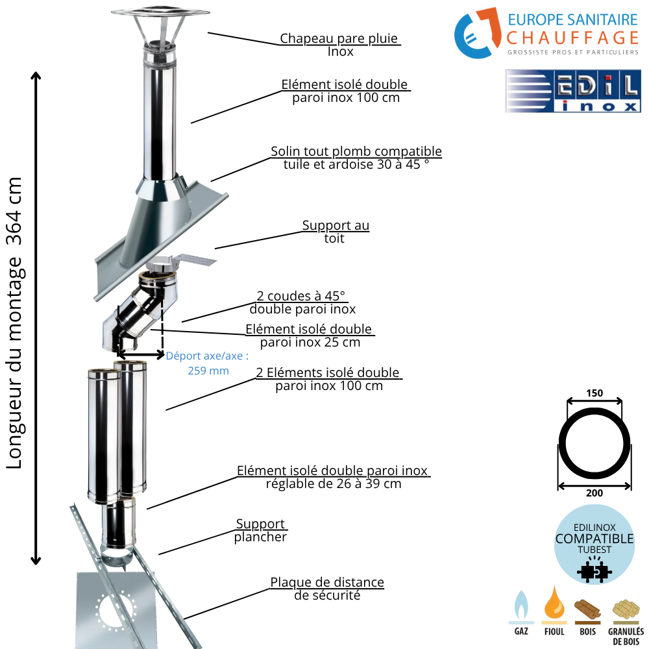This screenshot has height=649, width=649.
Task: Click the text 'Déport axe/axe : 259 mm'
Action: click(208, 363)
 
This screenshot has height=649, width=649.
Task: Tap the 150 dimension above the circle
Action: click(594, 393)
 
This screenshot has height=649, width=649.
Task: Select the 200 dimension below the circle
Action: click(594, 493)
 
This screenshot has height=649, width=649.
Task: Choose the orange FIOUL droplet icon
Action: click(554, 603)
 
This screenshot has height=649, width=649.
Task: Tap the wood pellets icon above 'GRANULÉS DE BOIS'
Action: click(625, 609)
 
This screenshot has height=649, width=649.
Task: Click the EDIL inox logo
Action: click(573, 92)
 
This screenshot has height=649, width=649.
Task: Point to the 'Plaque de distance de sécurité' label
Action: click(327, 589)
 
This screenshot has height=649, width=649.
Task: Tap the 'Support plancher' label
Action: click(260, 530)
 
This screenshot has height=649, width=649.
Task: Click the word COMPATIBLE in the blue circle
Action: click(594, 539)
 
